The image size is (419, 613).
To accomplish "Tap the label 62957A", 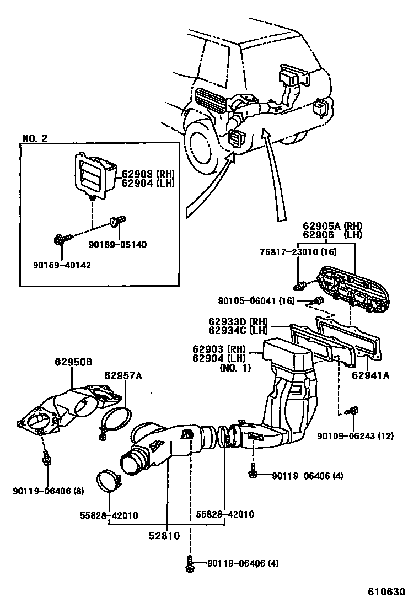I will pos(123,376).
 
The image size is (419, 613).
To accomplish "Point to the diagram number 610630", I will pos(387,592).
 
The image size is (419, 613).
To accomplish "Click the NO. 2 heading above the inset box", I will pos(35,138).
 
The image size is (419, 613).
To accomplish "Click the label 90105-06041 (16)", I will pos(256,300).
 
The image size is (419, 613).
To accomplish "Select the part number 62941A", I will pos(370,376).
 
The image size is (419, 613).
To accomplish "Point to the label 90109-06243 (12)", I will pos(356,436).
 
